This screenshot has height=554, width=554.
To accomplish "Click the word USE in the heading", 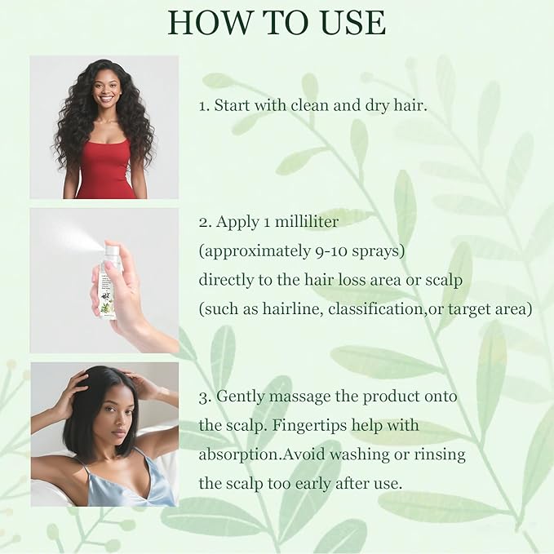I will click(347, 22).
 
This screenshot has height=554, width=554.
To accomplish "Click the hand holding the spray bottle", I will click(131, 302).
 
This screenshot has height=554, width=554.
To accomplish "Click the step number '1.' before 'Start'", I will click(205, 108).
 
